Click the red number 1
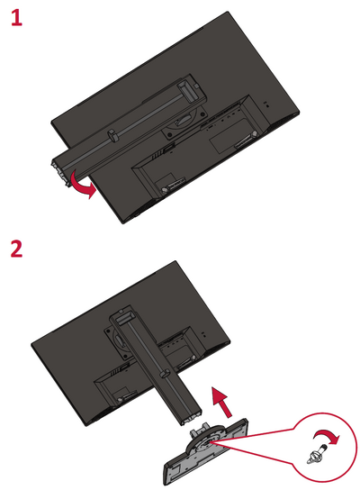point(16,17)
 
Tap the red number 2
point(16,250)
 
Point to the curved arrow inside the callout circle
point(328,435)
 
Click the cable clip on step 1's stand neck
point(112,135)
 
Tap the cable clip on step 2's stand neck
point(166,373)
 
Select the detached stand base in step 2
point(206,451)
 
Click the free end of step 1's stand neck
point(60,173)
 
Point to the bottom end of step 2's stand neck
point(191,418)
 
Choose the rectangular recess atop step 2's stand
point(124,319)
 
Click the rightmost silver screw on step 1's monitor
point(255,133)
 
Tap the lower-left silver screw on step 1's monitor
point(164,190)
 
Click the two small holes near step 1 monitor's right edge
point(265,104)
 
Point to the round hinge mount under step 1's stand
point(184,120)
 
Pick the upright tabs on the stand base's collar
point(200,428)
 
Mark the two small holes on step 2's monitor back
point(203,335)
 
